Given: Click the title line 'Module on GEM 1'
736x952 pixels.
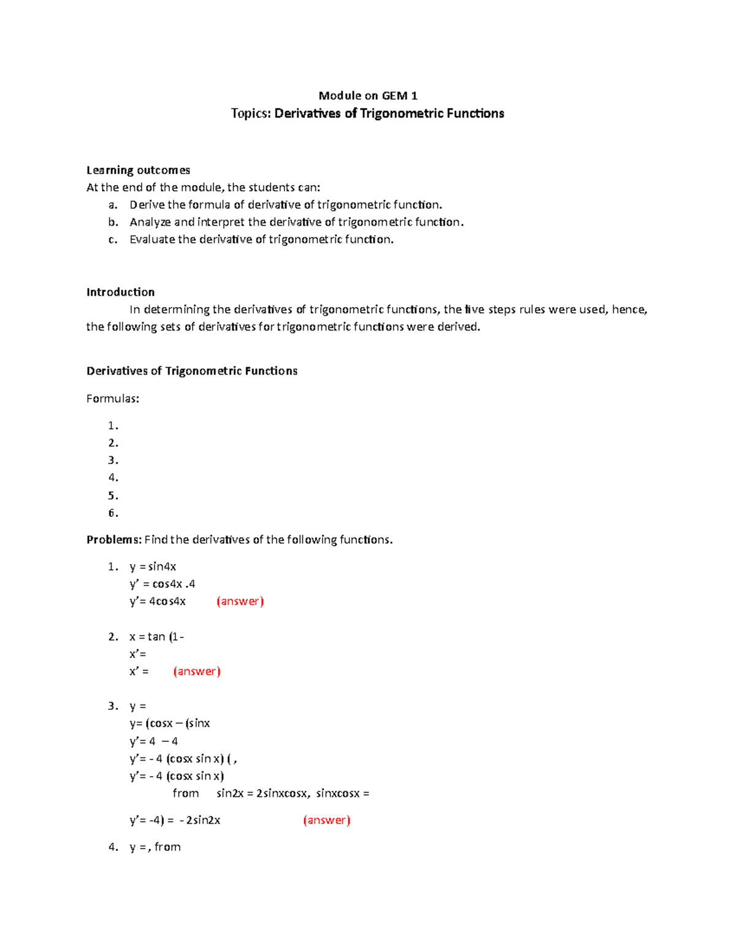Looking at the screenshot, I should (367, 96).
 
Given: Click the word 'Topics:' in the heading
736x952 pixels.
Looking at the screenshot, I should (251, 113).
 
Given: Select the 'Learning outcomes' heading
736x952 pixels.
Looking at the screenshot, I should (138, 170).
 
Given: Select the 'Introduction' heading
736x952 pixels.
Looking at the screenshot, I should (120, 292).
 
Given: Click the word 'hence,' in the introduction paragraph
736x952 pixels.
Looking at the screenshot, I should (629, 310).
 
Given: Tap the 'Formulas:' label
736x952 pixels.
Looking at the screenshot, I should (113, 398).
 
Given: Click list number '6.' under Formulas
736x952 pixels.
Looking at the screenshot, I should (113, 513).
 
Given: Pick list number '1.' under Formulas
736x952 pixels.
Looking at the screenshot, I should (113, 425).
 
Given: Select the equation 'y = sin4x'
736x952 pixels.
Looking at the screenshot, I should (153, 566).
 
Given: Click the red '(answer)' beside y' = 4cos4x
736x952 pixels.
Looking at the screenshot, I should (240, 601).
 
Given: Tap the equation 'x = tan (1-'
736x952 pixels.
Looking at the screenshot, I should (156, 636).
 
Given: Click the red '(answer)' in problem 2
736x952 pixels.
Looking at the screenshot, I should (196, 671).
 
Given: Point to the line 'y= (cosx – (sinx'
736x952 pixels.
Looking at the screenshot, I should (169, 723).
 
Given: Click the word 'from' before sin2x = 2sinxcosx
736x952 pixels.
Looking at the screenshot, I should (185, 793).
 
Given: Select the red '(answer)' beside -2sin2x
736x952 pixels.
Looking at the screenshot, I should (326, 820).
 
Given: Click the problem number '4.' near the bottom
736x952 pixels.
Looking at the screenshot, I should (113, 847).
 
